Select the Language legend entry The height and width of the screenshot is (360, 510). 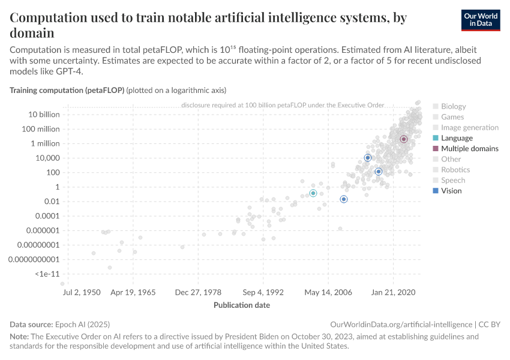(x=457, y=138)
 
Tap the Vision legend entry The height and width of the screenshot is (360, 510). (x=451, y=191)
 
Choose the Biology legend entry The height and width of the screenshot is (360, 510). (x=453, y=106)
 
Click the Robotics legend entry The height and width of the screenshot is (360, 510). (x=455, y=170)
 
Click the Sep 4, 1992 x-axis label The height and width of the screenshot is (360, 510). (x=263, y=292)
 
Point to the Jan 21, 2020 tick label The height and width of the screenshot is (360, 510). (x=393, y=292)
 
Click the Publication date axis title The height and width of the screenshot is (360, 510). (x=242, y=305)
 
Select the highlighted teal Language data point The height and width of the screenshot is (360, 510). (x=313, y=193)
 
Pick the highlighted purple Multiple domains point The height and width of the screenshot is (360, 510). (x=404, y=139)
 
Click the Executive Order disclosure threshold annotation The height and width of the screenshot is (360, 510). (x=282, y=105)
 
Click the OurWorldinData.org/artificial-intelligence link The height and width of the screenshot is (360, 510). (x=401, y=324)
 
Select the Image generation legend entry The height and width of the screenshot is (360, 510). (x=470, y=127)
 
